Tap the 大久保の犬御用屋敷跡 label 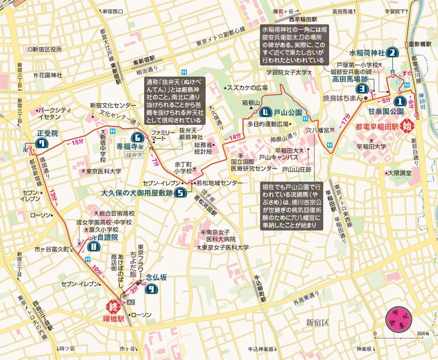(x=137, y=191)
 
